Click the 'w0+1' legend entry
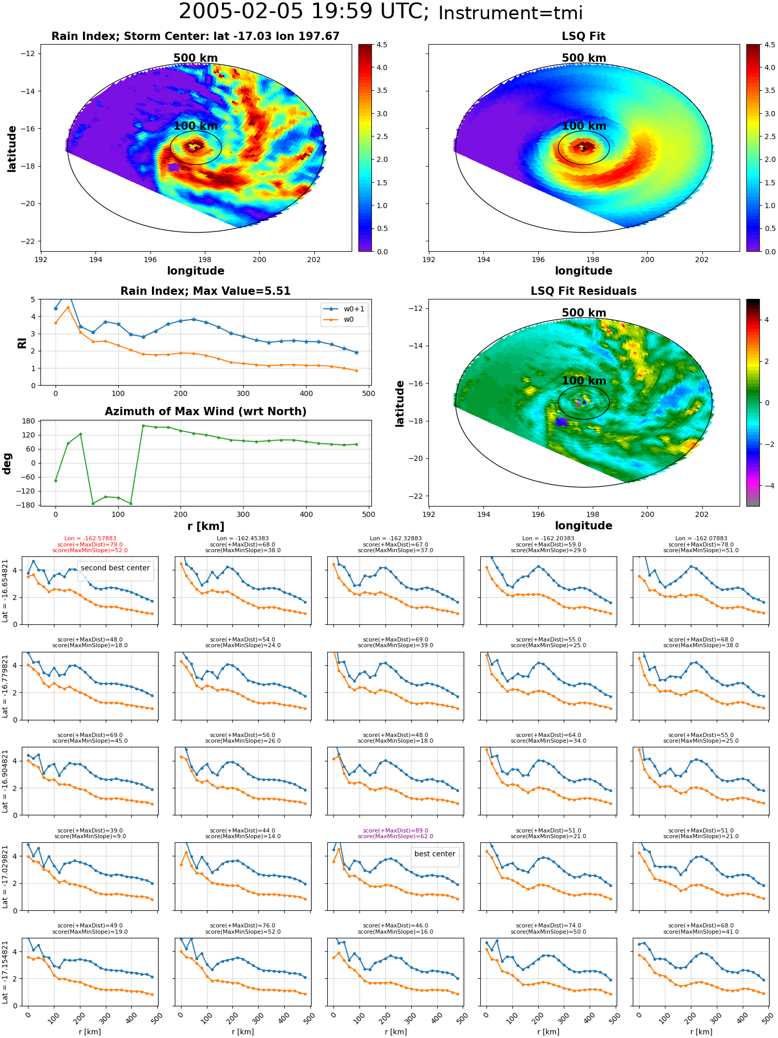(344, 309)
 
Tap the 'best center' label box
(435, 854)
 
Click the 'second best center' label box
(115, 568)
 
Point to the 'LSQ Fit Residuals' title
(584, 291)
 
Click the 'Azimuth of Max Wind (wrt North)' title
(205, 412)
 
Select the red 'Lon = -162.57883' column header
(90, 539)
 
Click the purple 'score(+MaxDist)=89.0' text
(395, 830)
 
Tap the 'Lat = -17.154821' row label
(5, 972)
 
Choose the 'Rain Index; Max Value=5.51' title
(205, 291)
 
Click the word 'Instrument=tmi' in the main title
(510, 13)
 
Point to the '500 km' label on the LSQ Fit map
(584, 58)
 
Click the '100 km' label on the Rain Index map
(196, 126)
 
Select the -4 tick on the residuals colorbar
(767, 486)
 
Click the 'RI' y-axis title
(22, 343)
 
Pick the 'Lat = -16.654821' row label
(5, 591)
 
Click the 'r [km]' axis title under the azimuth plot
(206, 526)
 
